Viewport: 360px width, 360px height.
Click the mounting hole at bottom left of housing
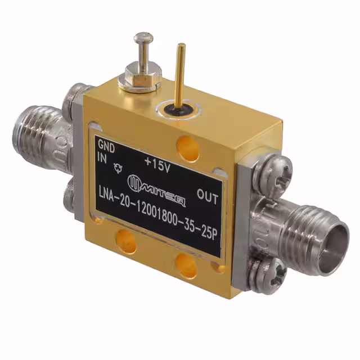(x=125, y=242)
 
